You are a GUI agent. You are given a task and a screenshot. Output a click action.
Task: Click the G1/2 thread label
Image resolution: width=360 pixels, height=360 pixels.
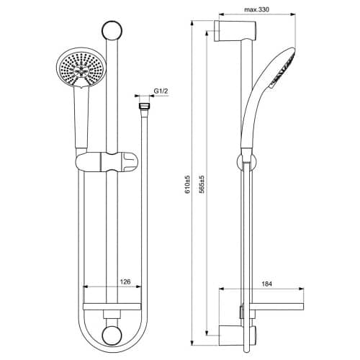click(x=161, y=91)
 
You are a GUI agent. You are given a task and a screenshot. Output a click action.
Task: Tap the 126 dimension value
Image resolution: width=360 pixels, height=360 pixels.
click(x=125, y=282)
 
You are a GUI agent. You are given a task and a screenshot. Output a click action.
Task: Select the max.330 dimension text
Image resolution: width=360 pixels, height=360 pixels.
click(x=256, y=9)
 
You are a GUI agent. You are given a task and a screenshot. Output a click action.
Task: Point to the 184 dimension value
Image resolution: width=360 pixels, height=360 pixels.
click(x=266, y=284)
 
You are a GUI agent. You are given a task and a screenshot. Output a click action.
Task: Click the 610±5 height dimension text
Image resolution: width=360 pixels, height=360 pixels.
click(x=187, y=184)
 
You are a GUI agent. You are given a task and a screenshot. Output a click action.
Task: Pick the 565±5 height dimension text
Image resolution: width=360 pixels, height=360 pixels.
click(x=202, y=184)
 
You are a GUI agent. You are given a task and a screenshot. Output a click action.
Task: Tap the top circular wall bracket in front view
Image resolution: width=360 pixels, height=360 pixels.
click(x=112, y=31)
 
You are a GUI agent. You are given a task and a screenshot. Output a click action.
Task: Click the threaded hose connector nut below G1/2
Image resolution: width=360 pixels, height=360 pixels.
click(x=144, y=107)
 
